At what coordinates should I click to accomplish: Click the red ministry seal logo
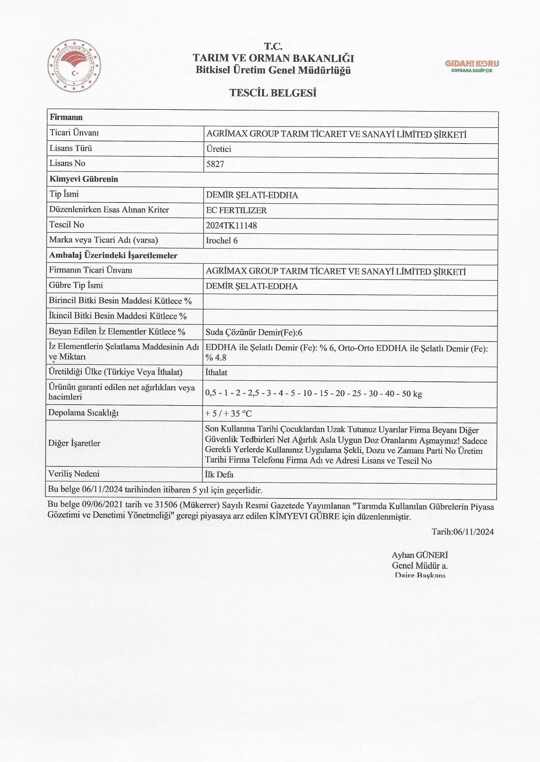(x=75, y=66)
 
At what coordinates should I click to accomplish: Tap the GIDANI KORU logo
(x=472, y=66)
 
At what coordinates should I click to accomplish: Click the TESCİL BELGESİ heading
(x=273, y=93)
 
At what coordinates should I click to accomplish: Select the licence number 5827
(x=215, y=164)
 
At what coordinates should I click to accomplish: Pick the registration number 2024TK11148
(x=231, y=225)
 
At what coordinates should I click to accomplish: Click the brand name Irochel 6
(x=222, y=241)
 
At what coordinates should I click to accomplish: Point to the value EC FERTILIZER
(x=236, y=210)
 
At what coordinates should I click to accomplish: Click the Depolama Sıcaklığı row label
(x=83, y=413)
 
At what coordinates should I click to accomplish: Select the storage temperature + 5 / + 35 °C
(x=228, y=413)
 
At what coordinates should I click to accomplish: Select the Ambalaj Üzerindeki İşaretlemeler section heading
(x=113, y=255)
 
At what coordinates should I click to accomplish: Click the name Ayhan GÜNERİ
(x=420, y=555)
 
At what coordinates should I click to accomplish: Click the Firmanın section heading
(x=66, y=117)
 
